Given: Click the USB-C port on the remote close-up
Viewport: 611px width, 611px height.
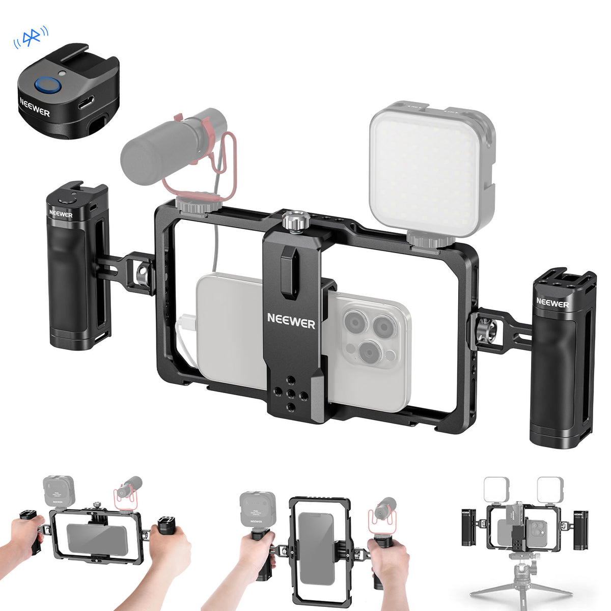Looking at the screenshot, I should (x=86, y=105).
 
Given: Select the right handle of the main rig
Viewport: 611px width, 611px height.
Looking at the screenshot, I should (x=562, y=356).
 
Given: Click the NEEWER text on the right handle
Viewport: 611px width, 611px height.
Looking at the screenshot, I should (x=552, y=304).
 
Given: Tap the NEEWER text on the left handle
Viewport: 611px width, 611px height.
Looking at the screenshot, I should (x=61, y=215).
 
